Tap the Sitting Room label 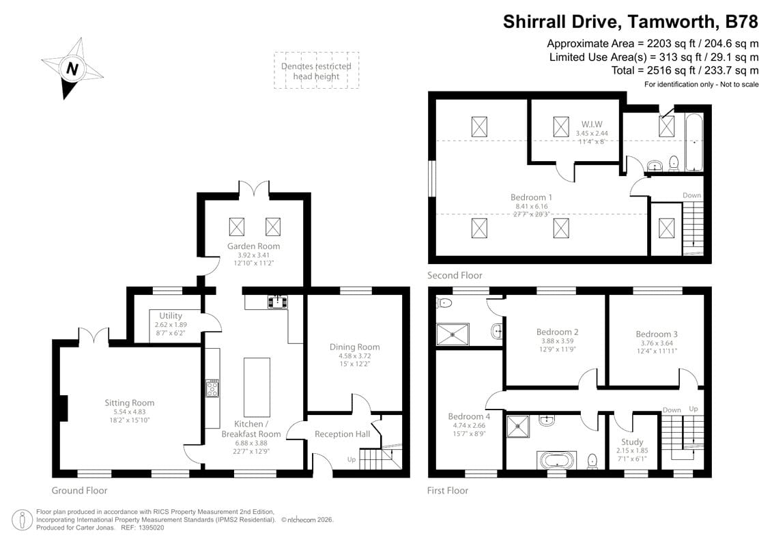(129, 403)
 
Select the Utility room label (170, 316)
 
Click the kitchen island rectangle (257, 387)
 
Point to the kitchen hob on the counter (212, 389)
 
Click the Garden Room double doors (254, 189)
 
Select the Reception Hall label (342, 434)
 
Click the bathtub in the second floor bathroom (694, 143)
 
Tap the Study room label (632, 442)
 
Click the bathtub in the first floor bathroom (556, 459)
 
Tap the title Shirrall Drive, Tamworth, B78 (630, 22)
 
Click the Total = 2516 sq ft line (685, 70)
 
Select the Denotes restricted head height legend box (316, 70)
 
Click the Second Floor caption (455, 276)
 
